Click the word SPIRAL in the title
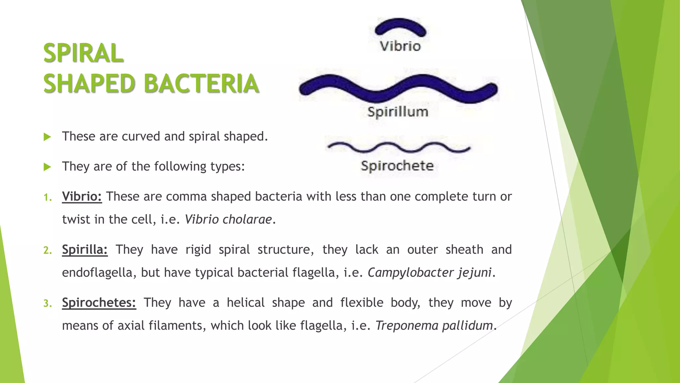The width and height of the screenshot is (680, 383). (x=83, y=53)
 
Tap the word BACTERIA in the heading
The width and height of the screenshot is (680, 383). (x=201, y=83)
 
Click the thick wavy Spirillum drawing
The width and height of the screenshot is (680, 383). (x=398, y=88)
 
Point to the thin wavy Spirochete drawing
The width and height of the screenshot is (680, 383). (x=399, y=147)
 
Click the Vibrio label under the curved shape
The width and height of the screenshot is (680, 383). (x=400, y=46)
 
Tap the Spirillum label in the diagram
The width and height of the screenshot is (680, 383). (x=398, y=112)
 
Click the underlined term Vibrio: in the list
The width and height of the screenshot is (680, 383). (x=82, y=196)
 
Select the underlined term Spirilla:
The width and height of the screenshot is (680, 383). (x=85, y=250)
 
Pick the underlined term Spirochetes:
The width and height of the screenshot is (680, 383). (x=99, y=303)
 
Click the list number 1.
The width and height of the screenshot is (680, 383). (x=47, y=197)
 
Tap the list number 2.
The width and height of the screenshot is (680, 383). (x=47, y=250)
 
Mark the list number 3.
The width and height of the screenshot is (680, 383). (x=47, y=304)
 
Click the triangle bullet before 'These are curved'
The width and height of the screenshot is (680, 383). (x=47, y=137)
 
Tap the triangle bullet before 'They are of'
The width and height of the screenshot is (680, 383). (x=47, y=167)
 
